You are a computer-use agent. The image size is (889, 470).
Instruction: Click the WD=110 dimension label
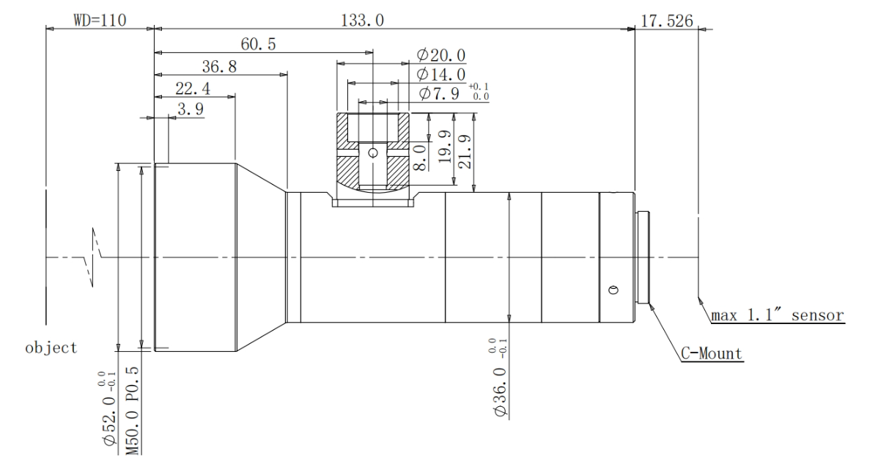point(100,20)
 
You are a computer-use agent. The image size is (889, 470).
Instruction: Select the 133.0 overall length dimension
point(362,21)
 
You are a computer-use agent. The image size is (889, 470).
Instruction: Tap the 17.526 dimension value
point(667,21)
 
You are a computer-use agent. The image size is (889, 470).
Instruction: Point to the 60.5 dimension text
point(258,44)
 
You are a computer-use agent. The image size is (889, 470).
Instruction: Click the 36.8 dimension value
point(219,67)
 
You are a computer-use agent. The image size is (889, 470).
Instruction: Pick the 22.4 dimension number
point(193,89)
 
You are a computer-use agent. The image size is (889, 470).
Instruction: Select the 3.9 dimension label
point(191,109)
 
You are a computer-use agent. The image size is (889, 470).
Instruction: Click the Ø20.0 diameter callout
point(441,55)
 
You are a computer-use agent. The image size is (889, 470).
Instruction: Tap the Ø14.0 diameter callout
point(441,74)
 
